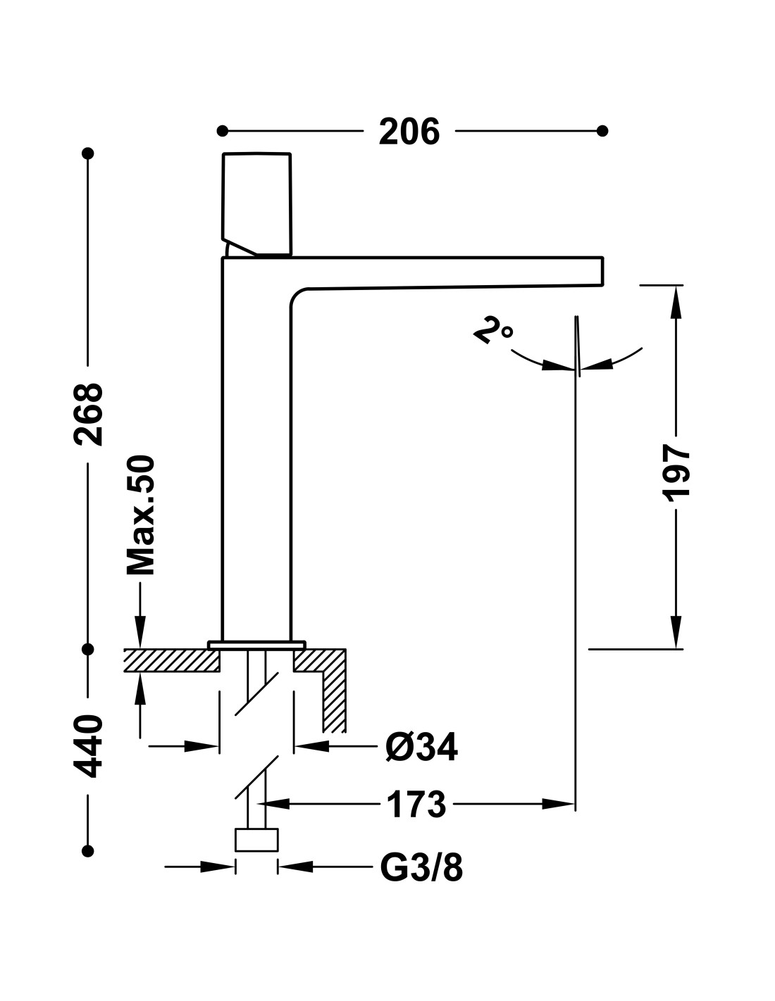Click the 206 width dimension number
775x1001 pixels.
pos(409,132)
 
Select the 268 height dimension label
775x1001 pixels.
pos(88,414)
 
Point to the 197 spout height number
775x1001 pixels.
pos(676,472)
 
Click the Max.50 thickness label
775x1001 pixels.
pos(141,515)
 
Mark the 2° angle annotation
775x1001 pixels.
pos(493,329)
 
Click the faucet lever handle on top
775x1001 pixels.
pos(256,203)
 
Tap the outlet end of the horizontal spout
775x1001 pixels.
pos(602,271)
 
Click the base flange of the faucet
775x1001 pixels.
pos(256,644)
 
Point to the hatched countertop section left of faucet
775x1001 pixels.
pos(171,660)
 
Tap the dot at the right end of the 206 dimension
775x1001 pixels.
pos(602,131)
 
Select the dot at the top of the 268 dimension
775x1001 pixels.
pos(87,153)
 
